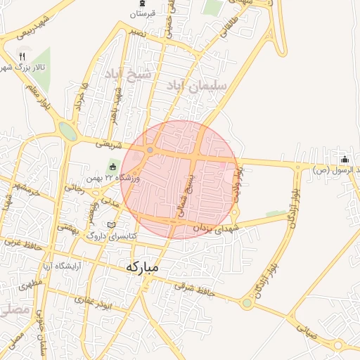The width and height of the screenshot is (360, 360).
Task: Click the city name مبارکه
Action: pos(151,267)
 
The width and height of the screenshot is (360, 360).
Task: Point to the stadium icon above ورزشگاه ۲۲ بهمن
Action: pos(112,167)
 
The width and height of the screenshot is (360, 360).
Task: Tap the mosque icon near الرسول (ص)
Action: pos(345,158)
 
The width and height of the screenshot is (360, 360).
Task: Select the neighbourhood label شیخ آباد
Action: pos(129,74)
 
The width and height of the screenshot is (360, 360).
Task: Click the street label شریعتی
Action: pos(108,143)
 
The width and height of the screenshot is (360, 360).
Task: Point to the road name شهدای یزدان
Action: pos(218,229)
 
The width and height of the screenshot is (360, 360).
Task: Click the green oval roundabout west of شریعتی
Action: pos(67,131)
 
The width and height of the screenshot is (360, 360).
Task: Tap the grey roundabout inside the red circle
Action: pos(150,150)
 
